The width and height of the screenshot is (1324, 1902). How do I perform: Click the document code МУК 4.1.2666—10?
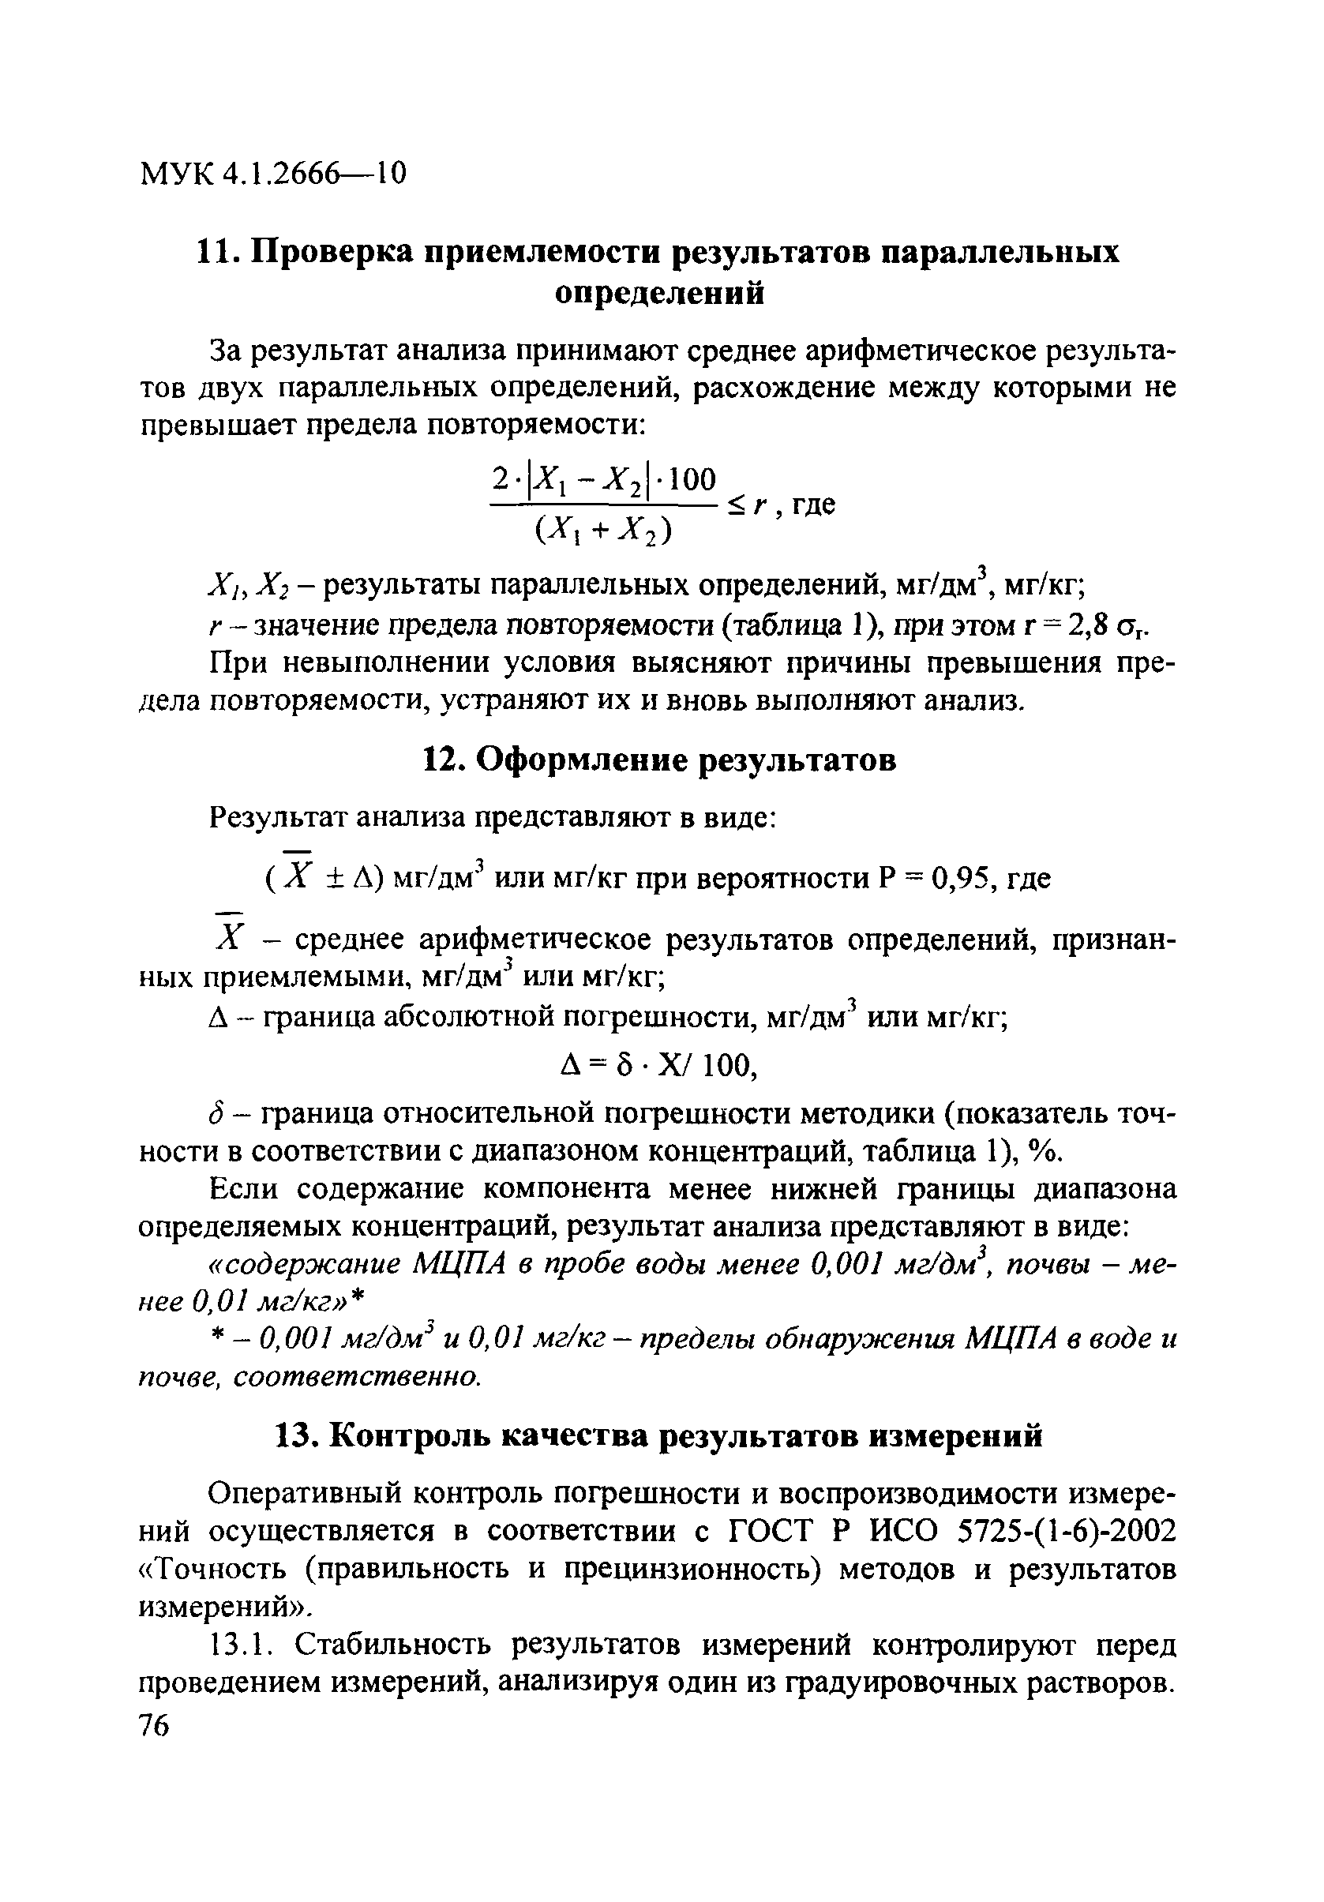(x=273, y=174)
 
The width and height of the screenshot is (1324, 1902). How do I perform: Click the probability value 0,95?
(x=962, y=877)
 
